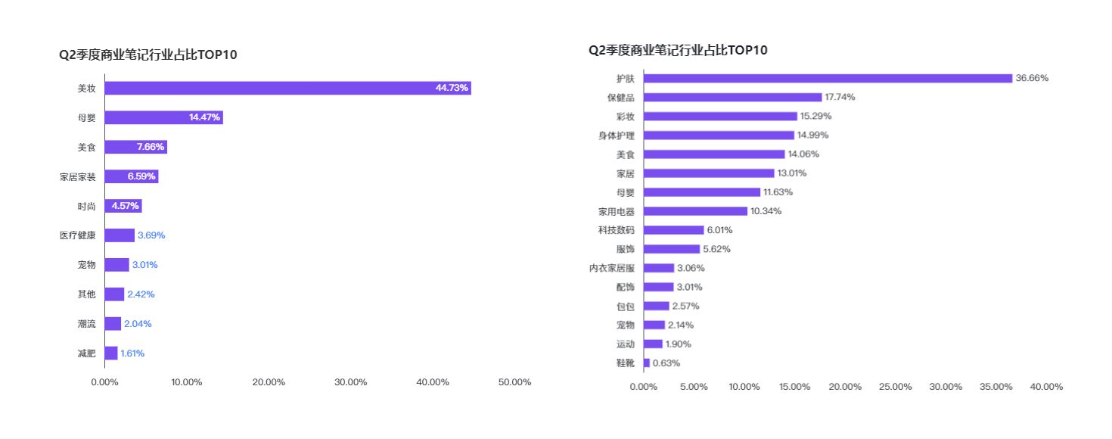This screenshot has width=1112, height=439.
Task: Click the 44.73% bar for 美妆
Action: coord(287,88)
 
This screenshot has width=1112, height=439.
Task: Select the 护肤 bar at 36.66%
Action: coord(828,78)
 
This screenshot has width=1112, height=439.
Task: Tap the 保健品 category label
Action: coord(620,98)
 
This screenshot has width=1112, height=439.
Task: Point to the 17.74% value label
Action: coord(840,98)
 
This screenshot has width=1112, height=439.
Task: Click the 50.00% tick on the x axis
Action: coord(514,382)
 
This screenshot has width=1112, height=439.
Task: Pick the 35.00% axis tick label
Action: coord(996,387)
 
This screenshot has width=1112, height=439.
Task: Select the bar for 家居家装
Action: coord(132,176)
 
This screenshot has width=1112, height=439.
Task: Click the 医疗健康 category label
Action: coord(78,235)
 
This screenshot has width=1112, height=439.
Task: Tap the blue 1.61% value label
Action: coord(132,353)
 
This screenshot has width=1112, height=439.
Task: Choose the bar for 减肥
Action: coord(111,353)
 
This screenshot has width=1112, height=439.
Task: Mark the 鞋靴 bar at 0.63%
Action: coord(647,363)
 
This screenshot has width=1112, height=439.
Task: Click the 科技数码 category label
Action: coord(616,230)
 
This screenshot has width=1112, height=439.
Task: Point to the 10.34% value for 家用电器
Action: coord(766,211)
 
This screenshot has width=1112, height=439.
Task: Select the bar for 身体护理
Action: coord(719,135)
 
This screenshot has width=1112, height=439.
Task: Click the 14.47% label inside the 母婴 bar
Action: coord(204,117)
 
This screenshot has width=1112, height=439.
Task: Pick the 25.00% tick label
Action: coord(896,387)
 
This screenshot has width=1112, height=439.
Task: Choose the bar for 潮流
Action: coord(113,324)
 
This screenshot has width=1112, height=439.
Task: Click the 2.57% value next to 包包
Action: coord(685,306)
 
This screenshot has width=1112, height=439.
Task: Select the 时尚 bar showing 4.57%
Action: coord(123,206)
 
